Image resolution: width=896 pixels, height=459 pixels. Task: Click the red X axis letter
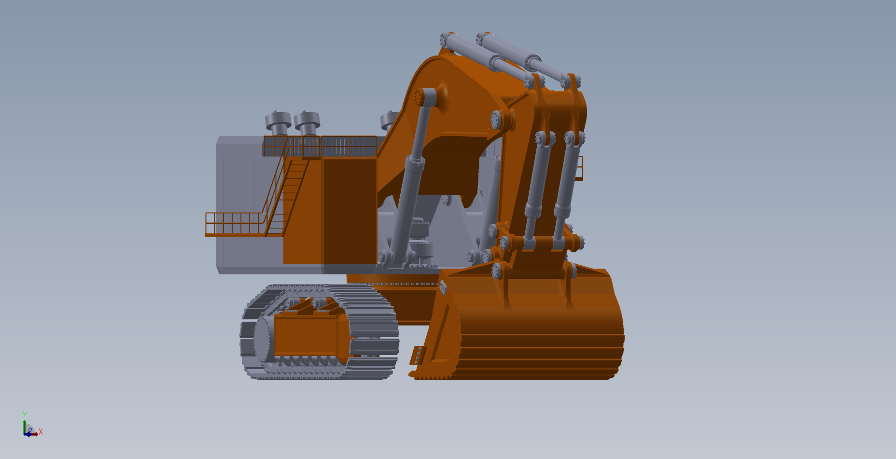tap(41, 431)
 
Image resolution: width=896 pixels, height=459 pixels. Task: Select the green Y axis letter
tap(25, 415)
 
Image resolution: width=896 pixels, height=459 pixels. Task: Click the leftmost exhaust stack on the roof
tap(278, 123)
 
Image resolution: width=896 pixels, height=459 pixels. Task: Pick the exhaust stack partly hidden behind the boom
tap(389, 121)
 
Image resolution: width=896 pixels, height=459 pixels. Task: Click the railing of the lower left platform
tap(235, 223)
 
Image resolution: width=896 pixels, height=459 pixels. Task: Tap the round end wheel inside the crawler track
tap(263, 340)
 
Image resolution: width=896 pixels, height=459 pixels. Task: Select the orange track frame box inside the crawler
tap(306, 335)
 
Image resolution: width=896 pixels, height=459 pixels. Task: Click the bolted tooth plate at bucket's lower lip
tap(418, 356)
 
